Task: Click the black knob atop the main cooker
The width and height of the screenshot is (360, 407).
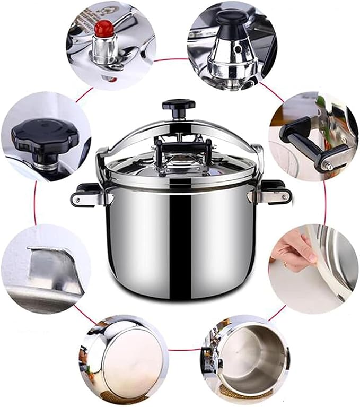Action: [x=178, y=104]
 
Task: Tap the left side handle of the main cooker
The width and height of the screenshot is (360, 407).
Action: [x=85, y=196]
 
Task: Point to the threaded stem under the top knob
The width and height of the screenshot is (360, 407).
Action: [x=179, y=118]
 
